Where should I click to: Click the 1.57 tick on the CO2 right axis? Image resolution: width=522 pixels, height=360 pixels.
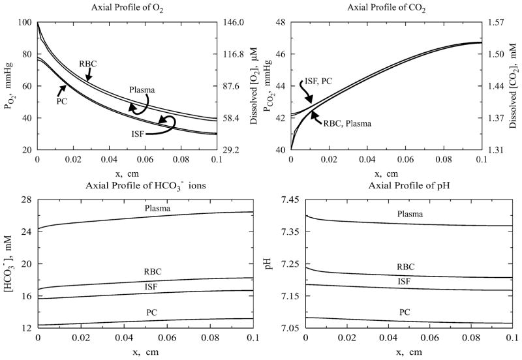(x=503, y=22)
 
